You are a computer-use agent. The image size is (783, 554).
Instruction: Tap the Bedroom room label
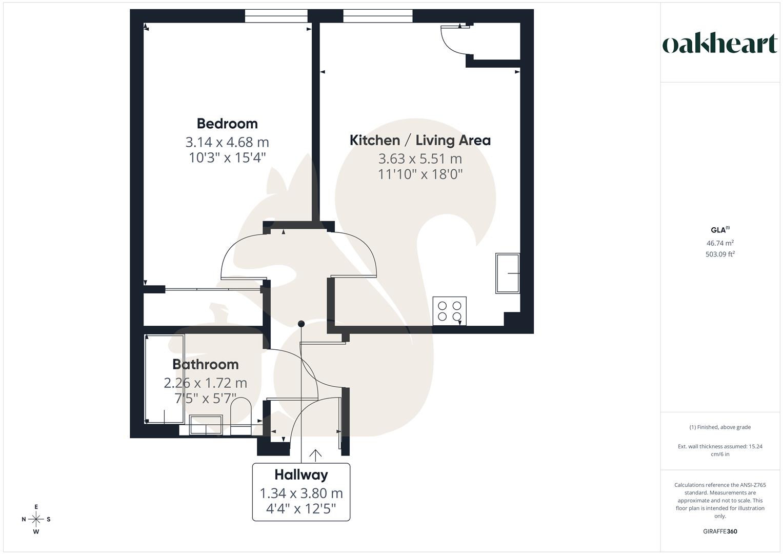coord(227,124)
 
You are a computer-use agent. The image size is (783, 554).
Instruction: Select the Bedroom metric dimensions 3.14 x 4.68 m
coord(227,142)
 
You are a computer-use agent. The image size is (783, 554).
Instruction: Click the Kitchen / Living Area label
coord(420,140)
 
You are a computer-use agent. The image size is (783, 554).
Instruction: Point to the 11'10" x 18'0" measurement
coord(420,174)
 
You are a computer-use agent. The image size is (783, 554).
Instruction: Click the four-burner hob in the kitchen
coord(450,311)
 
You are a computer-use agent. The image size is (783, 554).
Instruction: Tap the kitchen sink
coord(507,273)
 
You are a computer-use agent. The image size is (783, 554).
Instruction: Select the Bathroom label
coord(205,364)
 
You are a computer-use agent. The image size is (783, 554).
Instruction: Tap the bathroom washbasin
coord(206,425)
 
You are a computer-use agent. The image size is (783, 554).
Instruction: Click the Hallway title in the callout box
coord(301,474)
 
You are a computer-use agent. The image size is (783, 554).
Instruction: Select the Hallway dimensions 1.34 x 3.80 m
coord(301,493)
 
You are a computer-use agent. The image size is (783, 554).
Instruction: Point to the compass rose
coord(36,519)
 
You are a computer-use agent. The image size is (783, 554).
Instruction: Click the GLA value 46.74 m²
coord(720,243)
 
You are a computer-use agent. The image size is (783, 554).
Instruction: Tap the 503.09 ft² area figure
coord(720,254)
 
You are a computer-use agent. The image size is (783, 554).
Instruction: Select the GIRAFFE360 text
coord(720,531)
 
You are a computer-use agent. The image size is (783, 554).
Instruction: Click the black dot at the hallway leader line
coord(302,324)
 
